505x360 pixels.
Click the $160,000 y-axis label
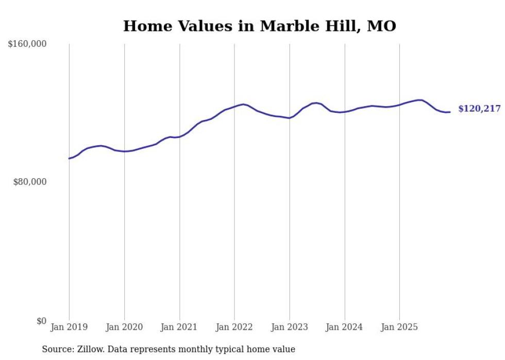click(x=27, y=44)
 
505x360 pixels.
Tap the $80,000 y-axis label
click(x=29, y=182)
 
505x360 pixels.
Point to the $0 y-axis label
click(x=41, y=321)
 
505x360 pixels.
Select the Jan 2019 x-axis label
click(x=69, y=327)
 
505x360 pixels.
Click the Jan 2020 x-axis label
click(x=124, y=327)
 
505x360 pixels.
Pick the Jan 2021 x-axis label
click(x=179, y=327)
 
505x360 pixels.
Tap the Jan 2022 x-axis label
click(x=234, y=327)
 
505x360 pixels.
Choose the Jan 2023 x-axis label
click(x=290, y=327)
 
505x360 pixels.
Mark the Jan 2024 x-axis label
click(x=345, y=327)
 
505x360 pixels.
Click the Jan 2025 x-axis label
click(x=400, y=327)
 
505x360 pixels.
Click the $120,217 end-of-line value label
click(x=479, y=109)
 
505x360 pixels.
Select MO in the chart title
click(x=381, y=26)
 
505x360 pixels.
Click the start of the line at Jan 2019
click(x=69, y=158)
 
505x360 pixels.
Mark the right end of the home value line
click(x=450, y=112)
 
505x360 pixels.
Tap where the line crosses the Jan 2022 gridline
click(x=234, y=107)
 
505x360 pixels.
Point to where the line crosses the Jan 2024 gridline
click(x=345, y=111)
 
